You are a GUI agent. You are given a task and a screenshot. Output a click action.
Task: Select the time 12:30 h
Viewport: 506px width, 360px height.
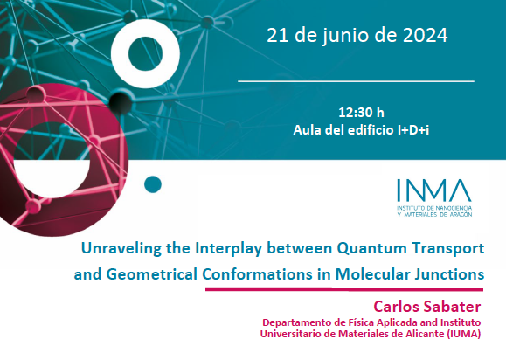click(362, 112)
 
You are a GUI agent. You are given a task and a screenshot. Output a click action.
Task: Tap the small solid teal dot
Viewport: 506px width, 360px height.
click(152, 183)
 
